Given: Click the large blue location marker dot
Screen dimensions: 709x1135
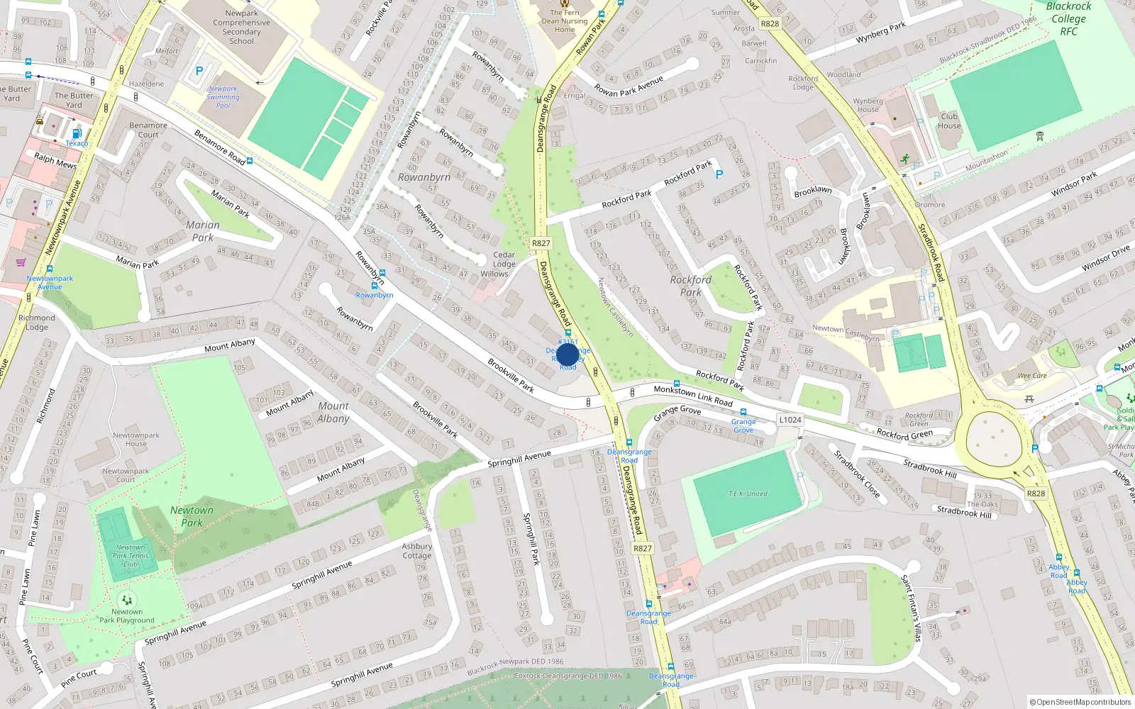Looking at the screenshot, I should (567, 354).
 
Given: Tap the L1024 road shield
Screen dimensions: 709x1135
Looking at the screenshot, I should (790, 420).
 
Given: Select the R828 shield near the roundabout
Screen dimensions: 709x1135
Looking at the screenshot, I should (1036, 493).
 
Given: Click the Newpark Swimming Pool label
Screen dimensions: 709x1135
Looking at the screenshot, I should (223, 97).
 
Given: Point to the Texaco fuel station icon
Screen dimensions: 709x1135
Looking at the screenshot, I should (77, 133).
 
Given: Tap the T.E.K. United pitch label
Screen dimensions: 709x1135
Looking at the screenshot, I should (748, 493).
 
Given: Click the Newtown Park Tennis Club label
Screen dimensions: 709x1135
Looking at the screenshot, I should (131, 556).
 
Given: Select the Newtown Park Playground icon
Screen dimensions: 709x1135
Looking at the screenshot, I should (127, 600).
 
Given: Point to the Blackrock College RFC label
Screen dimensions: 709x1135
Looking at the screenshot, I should (1068, 19).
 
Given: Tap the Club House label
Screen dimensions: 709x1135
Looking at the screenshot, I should (949, 121).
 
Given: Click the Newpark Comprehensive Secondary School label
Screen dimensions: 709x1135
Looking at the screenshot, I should (241, 27).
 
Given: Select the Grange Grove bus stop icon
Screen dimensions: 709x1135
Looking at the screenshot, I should (743, 412).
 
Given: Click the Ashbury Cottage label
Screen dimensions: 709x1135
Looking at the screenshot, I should (417, 551).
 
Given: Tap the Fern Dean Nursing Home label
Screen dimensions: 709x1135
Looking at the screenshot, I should (565, 21).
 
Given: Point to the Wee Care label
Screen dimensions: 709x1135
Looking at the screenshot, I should (1032, 376).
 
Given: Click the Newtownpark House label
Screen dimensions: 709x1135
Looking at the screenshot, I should (135, 440).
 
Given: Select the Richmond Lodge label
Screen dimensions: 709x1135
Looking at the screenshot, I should (36, 323).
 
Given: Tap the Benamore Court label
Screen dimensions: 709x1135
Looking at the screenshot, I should (148, 130).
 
